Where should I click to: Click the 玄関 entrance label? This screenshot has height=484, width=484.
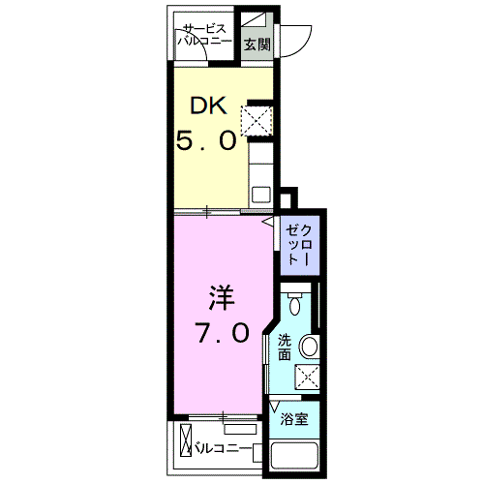tap(257, 44)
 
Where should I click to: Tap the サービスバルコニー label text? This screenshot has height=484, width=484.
tap(203, 37)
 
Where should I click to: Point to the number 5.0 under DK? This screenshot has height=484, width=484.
tap(206, 140)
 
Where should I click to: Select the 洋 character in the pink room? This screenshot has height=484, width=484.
tap(219, 293)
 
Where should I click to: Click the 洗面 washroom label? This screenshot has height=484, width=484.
tap(285, 347)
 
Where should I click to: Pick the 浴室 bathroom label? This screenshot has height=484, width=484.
tap(292, 420)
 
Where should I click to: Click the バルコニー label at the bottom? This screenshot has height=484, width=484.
tap(223, 449)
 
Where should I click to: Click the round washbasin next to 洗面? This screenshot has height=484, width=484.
tap(310, 346)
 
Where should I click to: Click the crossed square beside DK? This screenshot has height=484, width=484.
tap(257, 120)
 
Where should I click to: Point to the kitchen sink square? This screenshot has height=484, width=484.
tap(260, 194)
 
